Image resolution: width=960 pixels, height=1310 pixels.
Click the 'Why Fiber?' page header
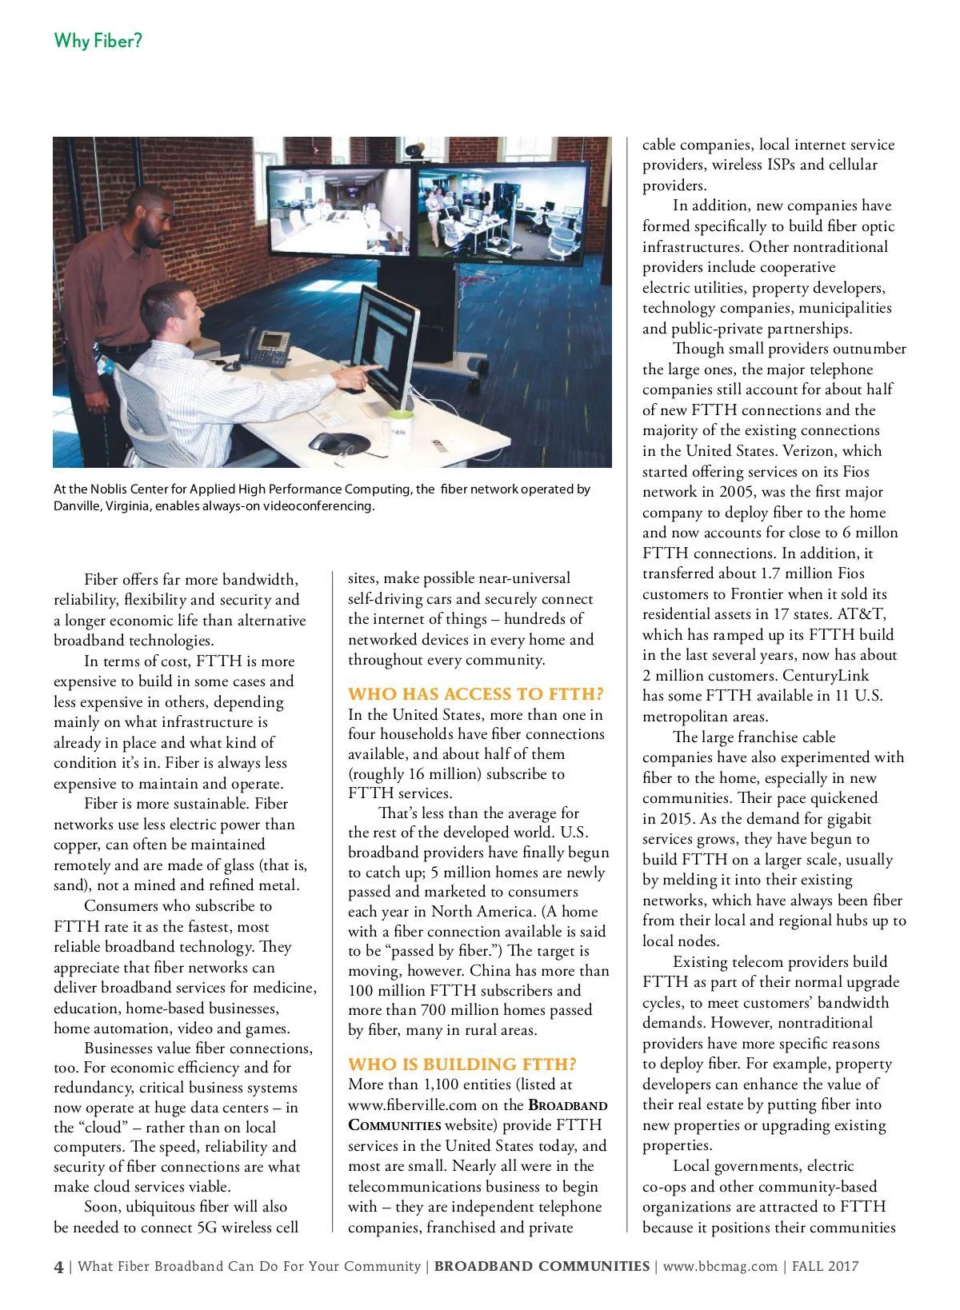(x=98, y=40)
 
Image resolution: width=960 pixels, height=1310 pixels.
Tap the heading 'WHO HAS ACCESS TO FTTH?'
(x=476, y=693)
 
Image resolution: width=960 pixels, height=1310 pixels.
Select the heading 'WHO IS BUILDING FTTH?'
(x=462, y=1064)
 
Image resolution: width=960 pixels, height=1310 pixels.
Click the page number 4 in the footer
(x=58, y=1266)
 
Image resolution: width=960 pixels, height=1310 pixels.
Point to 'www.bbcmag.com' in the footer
(x=720, y=1266)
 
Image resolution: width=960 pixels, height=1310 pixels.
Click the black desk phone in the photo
(x=264, y=345)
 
